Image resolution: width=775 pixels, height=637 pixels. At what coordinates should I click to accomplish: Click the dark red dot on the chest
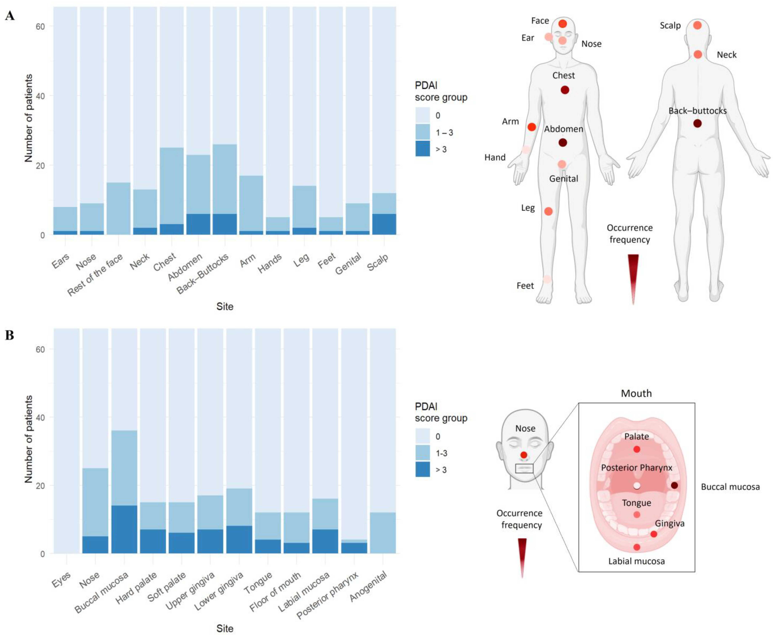(x=565, y=90)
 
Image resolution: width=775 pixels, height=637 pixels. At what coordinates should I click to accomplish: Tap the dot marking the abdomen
(x=563, y=142)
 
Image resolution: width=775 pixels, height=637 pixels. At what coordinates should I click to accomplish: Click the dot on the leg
(x=548, y=211)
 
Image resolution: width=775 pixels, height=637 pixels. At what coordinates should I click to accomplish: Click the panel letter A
(x=10, y=16)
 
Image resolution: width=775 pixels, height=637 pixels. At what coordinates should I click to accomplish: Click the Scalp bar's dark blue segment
(x=384, y=224)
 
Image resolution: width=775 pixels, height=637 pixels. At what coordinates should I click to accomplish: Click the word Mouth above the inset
(x=636, y=393)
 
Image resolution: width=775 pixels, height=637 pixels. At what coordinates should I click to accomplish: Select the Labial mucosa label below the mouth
(x=636, y=561)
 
